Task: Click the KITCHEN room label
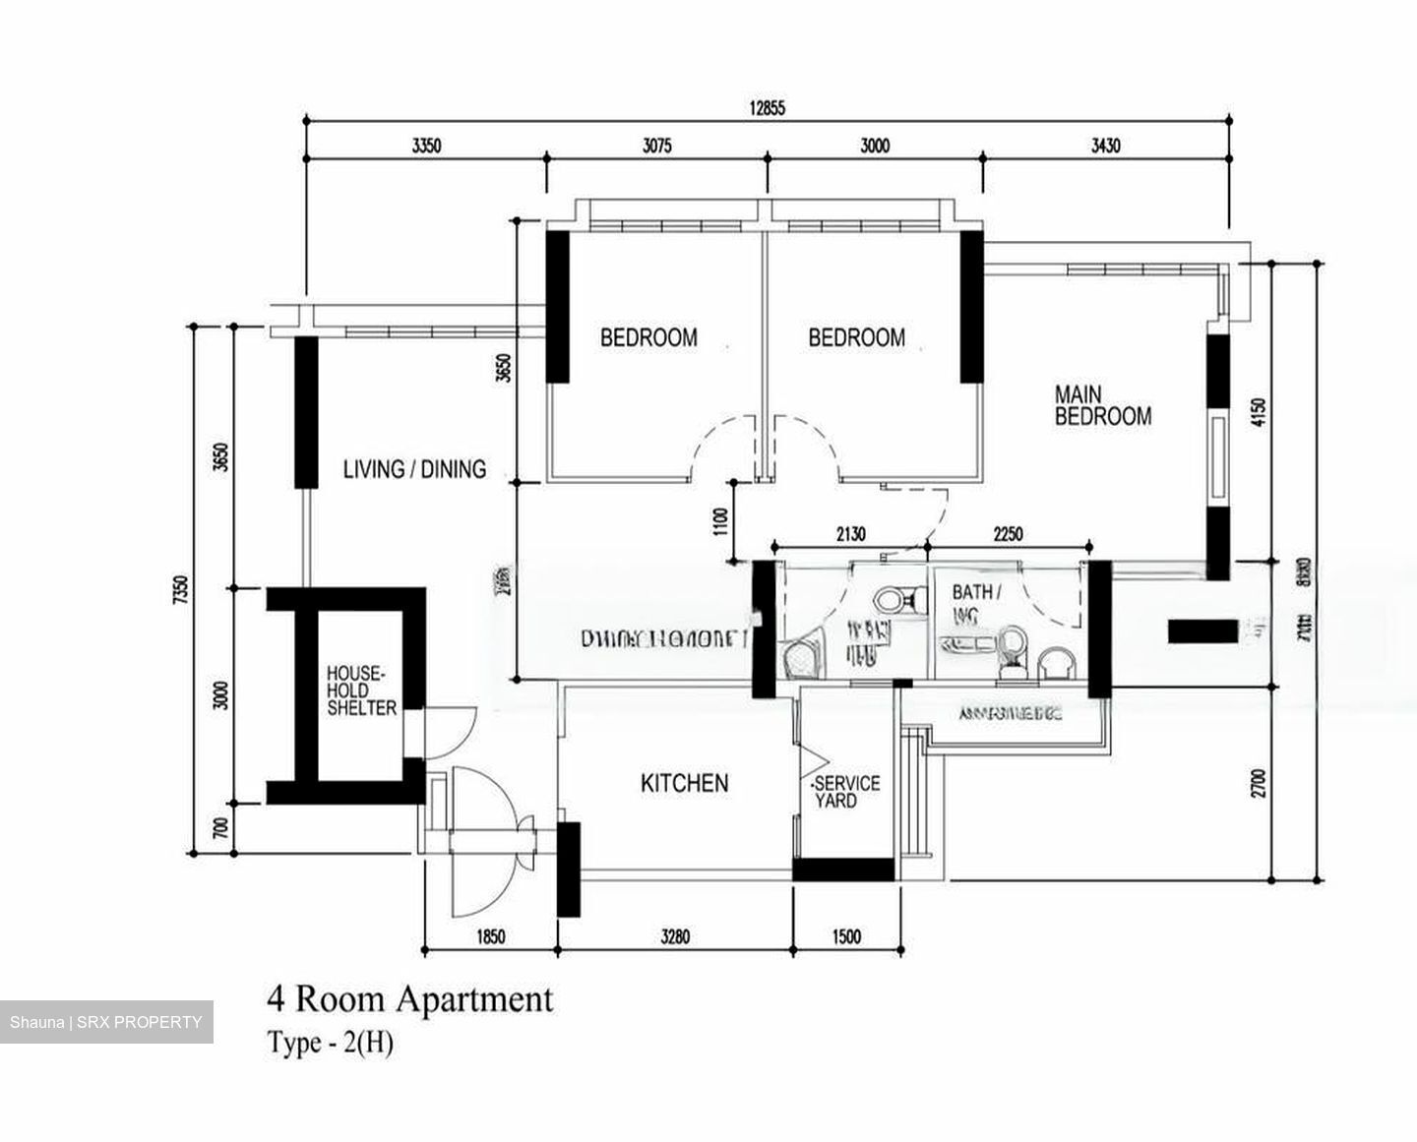point(684,783)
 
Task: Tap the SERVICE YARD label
point(845,792)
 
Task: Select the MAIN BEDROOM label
point(1102,405)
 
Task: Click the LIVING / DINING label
point(414,469)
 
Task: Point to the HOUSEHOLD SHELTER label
point(361,691)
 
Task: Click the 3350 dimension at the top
point(426,147)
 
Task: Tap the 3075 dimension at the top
point(656,147)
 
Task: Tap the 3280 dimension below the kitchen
point(674,937)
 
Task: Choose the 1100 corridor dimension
point(721,520)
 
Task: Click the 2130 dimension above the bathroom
point(850,534)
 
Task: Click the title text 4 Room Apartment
point(409,999)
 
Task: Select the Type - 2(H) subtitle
point(331,1043)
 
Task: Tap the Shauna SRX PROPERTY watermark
point(106,1022)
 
